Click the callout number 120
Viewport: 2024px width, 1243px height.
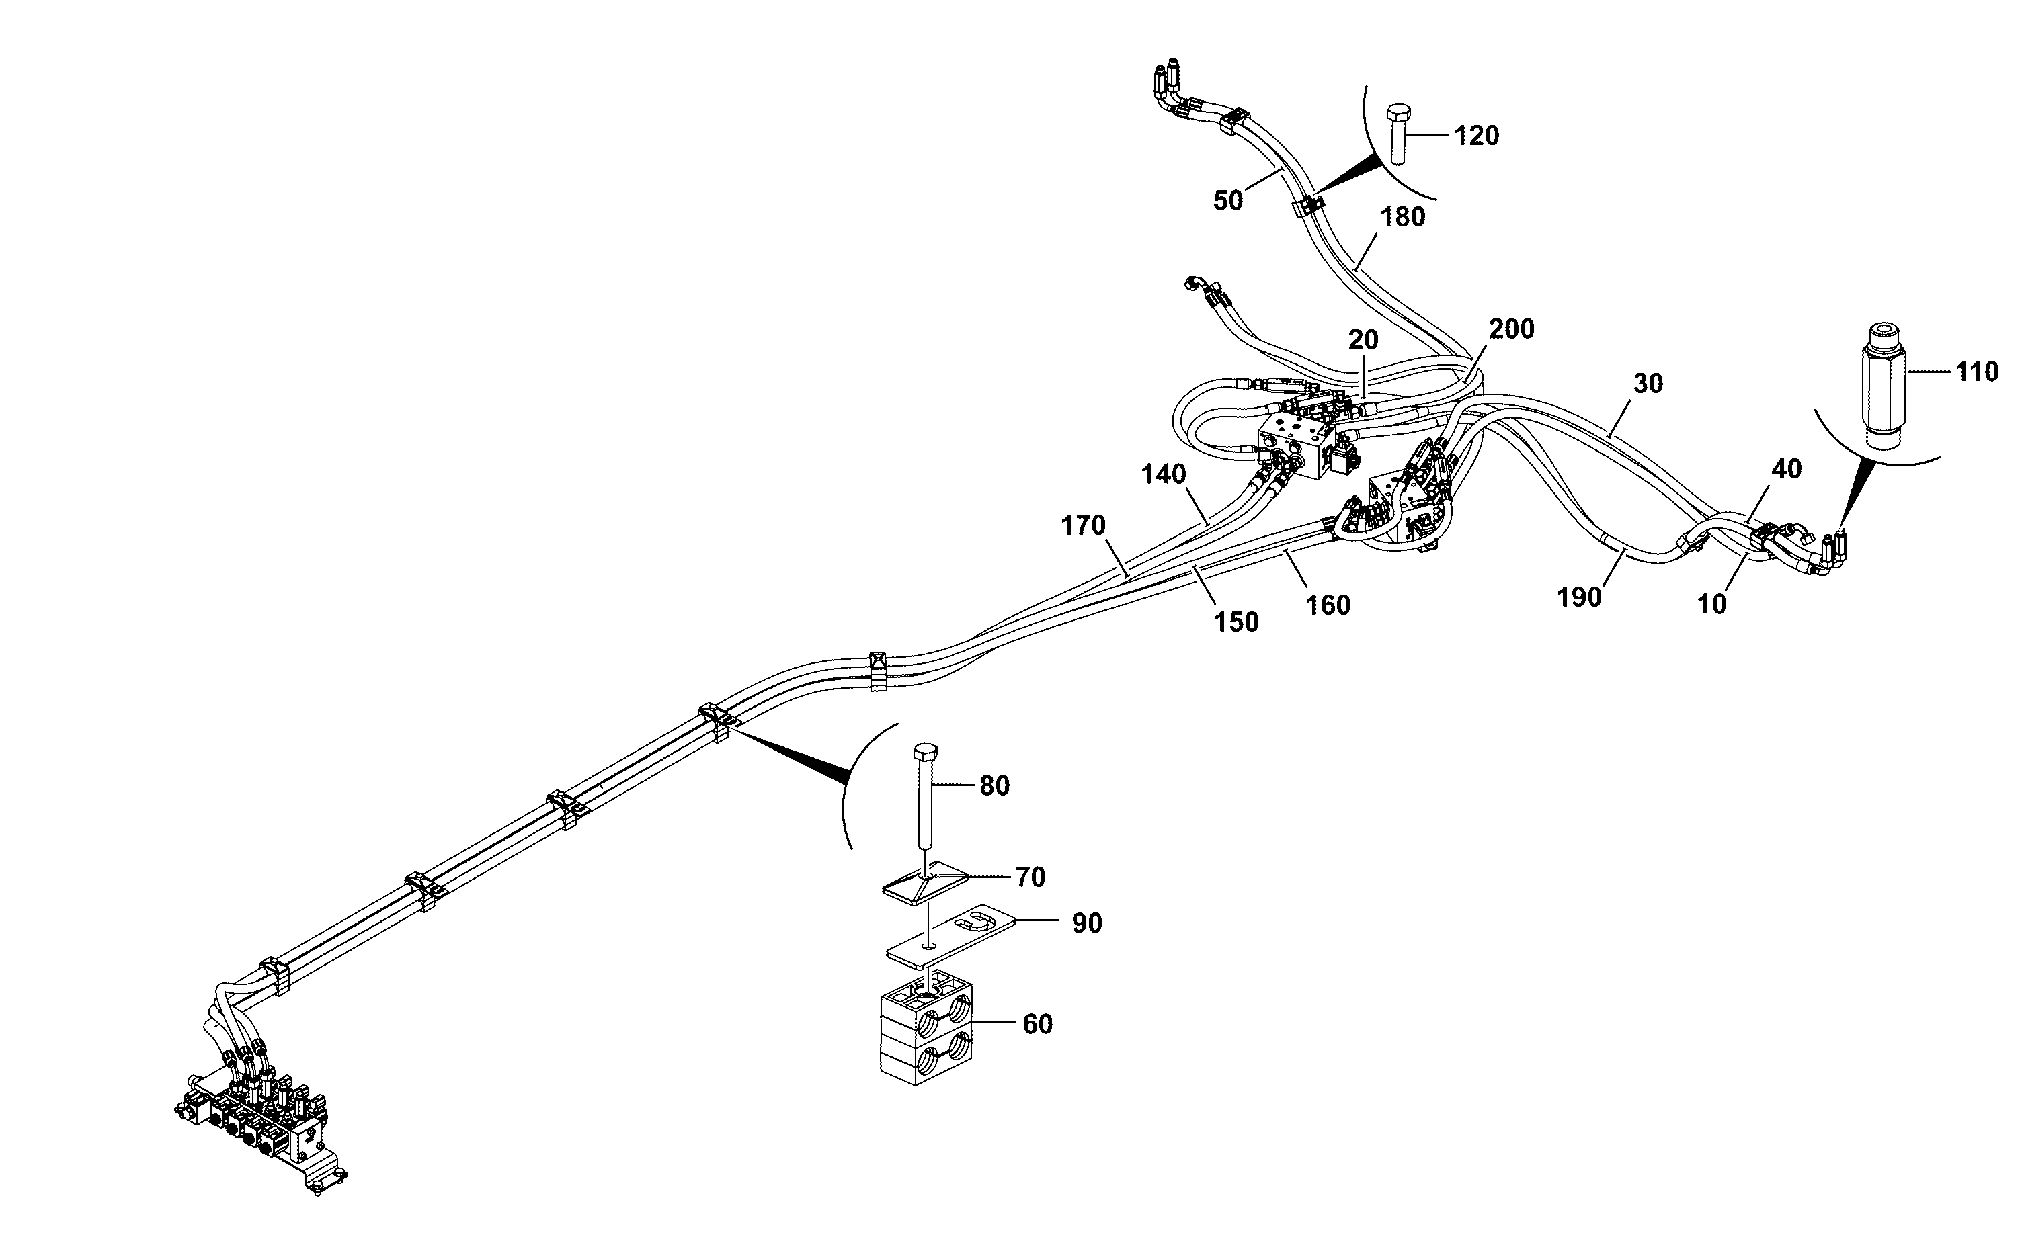point(1476,136)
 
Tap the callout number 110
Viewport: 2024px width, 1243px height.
point(1976,372)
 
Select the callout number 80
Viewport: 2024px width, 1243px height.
point(994,787)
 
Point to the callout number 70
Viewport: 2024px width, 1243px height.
point(1030,878)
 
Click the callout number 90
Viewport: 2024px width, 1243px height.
point(1087,924)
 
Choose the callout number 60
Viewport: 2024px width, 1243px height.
point(1038,1025)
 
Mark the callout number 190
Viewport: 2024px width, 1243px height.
point(1580,598)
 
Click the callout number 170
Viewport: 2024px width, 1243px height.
point(1083,525)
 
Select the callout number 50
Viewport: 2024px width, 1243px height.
point(1228,201)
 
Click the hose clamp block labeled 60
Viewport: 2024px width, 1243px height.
point(927,1033)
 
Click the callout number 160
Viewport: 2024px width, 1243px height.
point(1328,606)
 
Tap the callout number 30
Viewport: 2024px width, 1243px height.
point(1648,384)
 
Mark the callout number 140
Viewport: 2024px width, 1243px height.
point(1164,475)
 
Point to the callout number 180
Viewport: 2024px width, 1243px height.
point(1402,218)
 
